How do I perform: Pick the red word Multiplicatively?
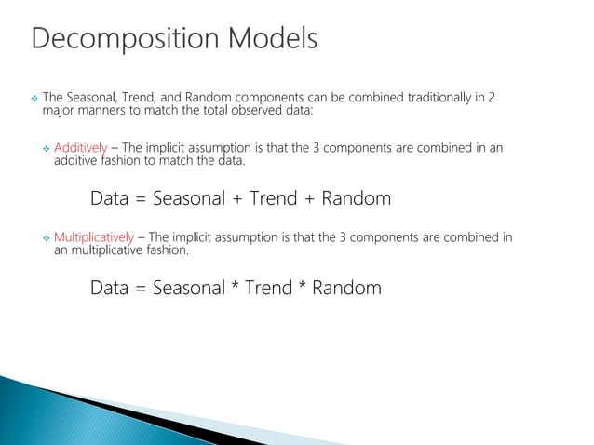pos(94,236)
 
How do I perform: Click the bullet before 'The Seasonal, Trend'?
pos(34,99)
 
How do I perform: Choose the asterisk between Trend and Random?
pos(302,286)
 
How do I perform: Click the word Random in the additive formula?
pos(356,199)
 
